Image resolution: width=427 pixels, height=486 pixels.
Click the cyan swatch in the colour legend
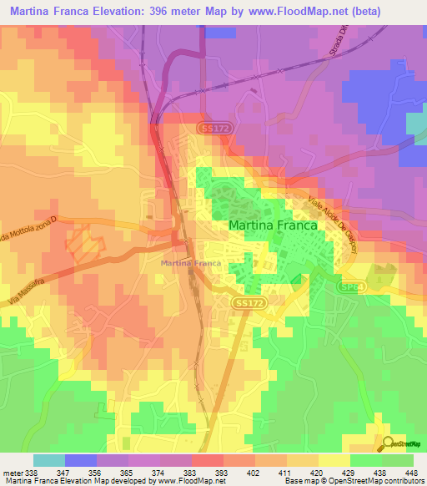[49, 460]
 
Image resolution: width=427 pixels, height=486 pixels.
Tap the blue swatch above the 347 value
[81, 460]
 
